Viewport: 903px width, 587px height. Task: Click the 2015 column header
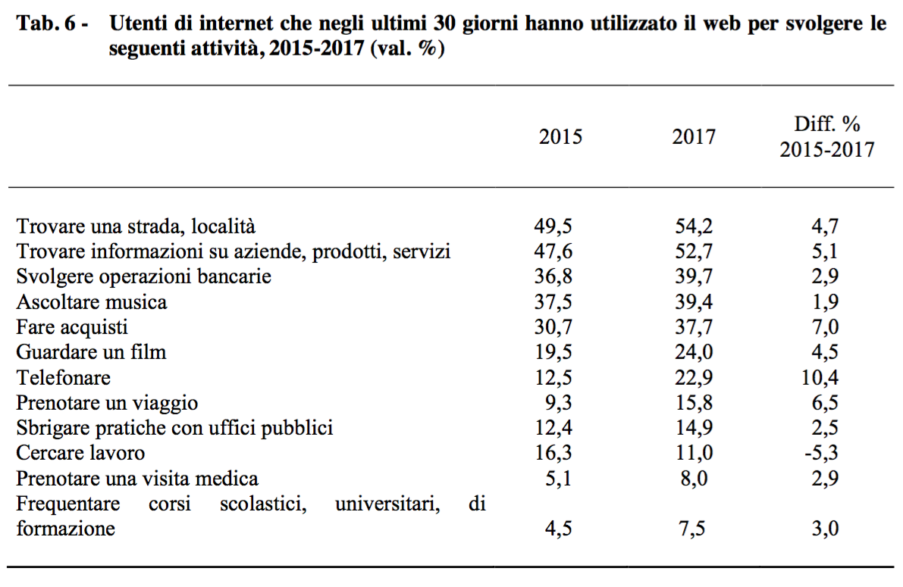pyautogui.click(x=560, y=137)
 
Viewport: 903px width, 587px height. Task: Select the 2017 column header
pyautogui.click(x=693, y=137)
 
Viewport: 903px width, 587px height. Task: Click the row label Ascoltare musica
pyautogui.click(x=92, y=302)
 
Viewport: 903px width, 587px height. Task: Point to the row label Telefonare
pyautogui.click(x=64, y=378)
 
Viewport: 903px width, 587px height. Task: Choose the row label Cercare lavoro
pyautogui.click(x=80, y=454)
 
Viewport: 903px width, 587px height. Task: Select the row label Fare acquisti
pyautogui.click(x=72, y=327)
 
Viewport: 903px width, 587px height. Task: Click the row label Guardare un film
pyautogui.click(x=91, y=352)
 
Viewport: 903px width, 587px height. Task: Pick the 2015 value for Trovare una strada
pyautogui.click(x=553, y=226)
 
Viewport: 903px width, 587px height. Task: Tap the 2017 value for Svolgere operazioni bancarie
pyautogui.click(x=694, y=276)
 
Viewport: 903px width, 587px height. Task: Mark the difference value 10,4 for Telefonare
pyautogui.click(x=823, y=378)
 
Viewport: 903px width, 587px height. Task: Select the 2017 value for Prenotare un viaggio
pyautogui.click(x=694, y=403)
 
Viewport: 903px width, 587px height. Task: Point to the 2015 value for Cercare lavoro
pyautogui.click(x=553, y=454)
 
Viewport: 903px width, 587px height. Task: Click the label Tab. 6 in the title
pyautogui.click(x=47, y=24)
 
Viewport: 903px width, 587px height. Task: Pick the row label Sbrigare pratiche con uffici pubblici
pyautogui.click(x=174, y=428)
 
